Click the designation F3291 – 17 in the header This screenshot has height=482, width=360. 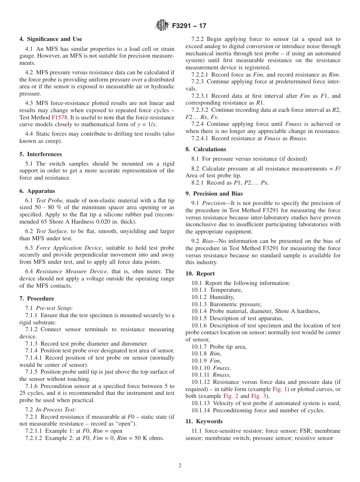pos(189,26)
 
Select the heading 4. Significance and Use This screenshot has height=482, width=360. pos(51,39)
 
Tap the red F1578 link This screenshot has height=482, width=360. pos(59,117)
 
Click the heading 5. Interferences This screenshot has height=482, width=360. pos(41,154)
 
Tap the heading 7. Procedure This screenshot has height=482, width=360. pos(37,299)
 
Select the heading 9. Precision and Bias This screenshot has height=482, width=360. pos(214,194)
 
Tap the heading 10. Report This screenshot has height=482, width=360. pos(200,274)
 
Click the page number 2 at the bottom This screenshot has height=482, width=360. pos(180,466)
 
